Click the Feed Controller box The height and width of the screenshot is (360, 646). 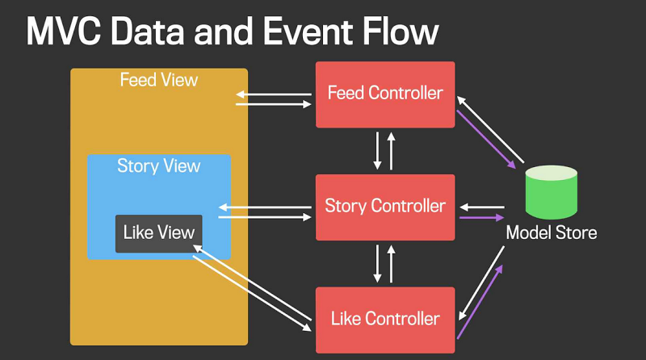(385, 94)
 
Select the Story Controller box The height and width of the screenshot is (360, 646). (385, 206)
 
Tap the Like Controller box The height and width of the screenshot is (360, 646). (385, 318)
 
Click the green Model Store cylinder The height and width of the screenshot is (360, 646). (551, 191)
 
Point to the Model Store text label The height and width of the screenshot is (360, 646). (551, 233)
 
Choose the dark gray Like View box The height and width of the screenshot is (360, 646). (158, 233)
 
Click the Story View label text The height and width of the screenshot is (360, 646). (158, 166)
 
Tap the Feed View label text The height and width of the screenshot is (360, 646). (158, 81)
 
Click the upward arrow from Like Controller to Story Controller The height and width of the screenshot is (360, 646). (392, 262)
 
